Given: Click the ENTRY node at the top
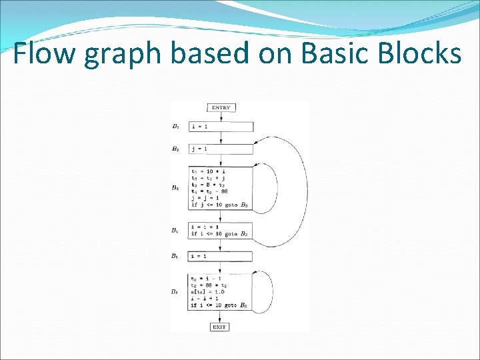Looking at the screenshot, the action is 221,107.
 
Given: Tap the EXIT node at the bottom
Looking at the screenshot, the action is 220,327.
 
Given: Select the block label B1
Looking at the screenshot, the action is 175,126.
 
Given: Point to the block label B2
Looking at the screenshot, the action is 175,149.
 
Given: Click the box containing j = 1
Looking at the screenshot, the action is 221,149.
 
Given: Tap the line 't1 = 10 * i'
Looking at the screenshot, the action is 208,171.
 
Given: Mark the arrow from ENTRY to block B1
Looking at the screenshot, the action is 221,117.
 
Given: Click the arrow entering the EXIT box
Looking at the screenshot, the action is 221,317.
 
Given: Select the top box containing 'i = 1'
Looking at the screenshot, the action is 221,126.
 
